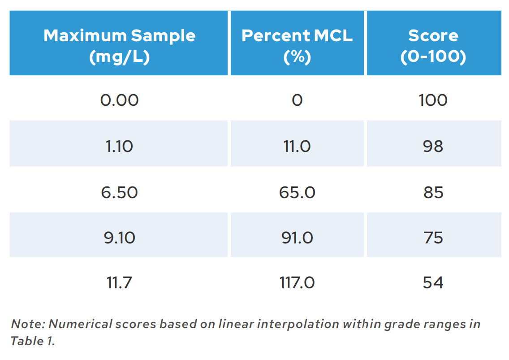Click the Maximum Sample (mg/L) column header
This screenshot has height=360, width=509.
click(x=119, y=46)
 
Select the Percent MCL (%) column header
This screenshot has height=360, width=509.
click(x=297, y=46)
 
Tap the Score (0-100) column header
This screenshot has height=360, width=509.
click(x=433, y=46)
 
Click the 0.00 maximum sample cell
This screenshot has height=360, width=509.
click(x=119, y=100)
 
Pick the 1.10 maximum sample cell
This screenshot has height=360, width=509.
click(x=119, y=146)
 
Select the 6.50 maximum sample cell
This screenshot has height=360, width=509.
click(x=119, y=192)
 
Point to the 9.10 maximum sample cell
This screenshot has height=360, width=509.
click(x=119, y=237)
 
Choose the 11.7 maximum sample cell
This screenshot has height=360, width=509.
click(x=119, y=282)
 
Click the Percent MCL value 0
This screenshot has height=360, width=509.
click(x=297, y=100)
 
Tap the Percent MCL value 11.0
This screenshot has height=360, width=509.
click(x=297, y=146)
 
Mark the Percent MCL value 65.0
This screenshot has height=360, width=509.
click(x=297, y=192)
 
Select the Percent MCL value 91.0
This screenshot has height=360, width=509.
click(x=297, y=237)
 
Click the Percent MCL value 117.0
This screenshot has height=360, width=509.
click(x=297, y=282)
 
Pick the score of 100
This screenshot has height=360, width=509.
click(x=433, y=100)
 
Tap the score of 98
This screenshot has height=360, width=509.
click(x=433, y=146)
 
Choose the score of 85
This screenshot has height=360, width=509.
click(x=433, y=192)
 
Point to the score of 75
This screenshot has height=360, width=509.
click(x=433, y=237)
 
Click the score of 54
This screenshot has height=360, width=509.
click(x=433, y=282)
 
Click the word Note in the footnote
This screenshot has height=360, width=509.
click(x=27, y=324)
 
